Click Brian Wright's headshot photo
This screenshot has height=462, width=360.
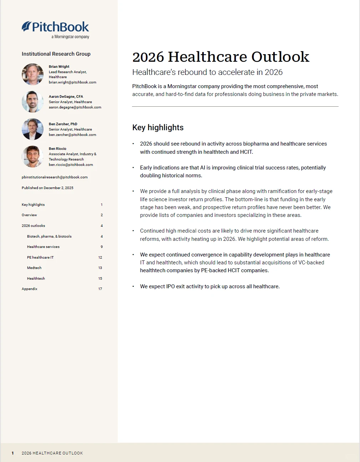32,74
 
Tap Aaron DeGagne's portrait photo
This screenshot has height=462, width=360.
32,102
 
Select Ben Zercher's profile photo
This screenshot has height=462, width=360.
32,129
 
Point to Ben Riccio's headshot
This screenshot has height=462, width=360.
32,157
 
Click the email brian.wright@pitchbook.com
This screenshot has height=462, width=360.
72,82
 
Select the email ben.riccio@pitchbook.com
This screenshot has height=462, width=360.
71,165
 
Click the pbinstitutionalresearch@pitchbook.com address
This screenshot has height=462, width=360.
55,177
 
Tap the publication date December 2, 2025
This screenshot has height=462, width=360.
47,188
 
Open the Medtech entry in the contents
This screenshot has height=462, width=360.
34,268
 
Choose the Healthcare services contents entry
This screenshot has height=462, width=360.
43,247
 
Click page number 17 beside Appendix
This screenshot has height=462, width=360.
100,289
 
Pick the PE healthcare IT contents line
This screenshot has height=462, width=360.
40,258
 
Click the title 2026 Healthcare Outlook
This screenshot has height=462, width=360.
220,57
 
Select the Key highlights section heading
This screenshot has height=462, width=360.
158,128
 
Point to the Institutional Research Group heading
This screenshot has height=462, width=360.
56,54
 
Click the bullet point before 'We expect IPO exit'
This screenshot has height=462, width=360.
133,286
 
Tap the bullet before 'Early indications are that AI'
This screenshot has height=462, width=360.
133,168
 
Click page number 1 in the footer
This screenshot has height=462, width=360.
13,453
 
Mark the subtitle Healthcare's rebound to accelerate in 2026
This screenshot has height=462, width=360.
207,72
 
